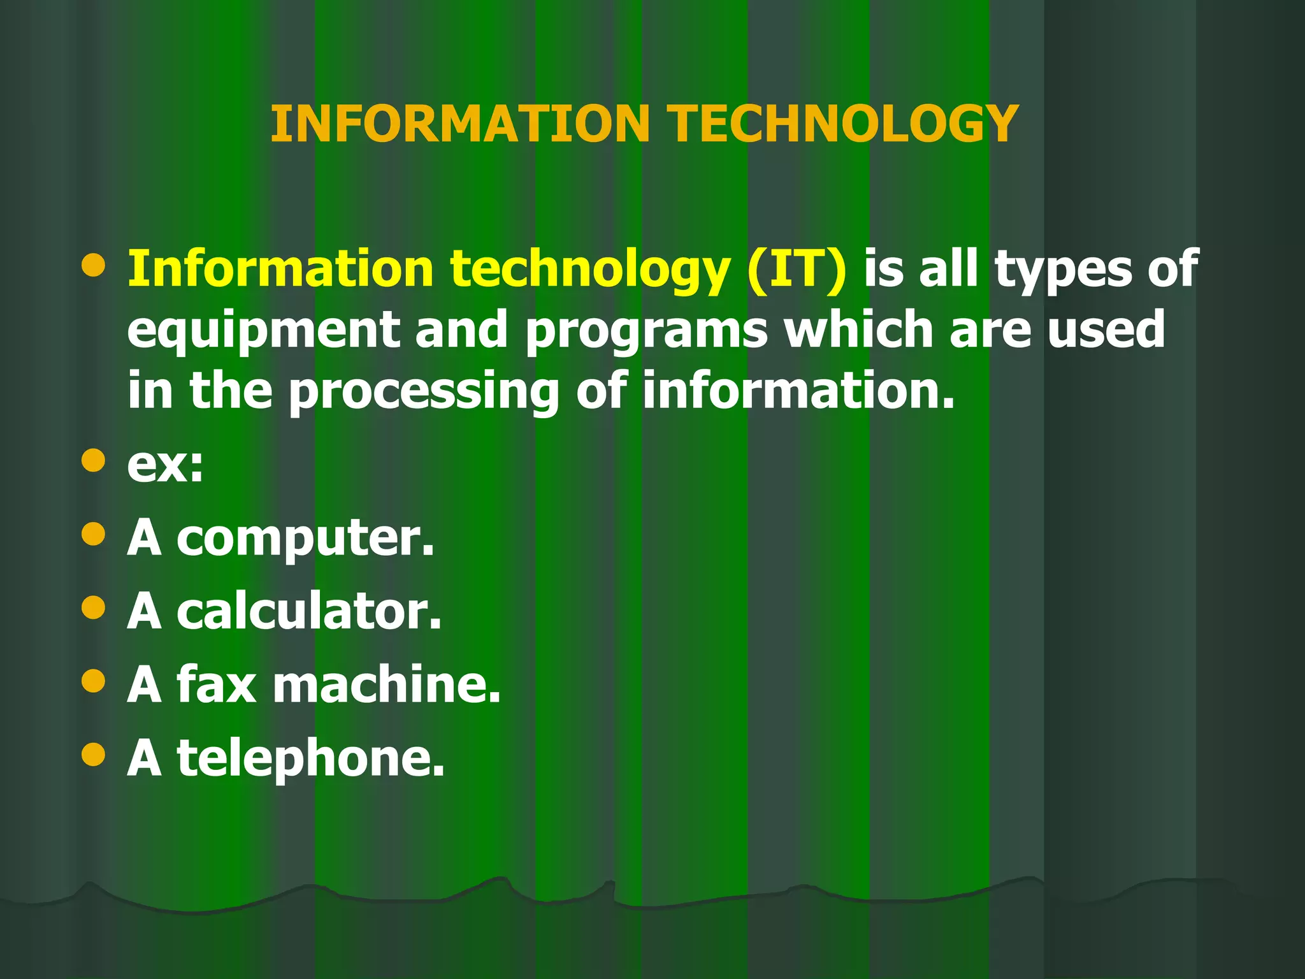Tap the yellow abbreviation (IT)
[797, 269]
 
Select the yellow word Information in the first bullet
[281, 269]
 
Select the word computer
[305, 539]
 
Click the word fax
[217, 684]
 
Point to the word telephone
[310, 758]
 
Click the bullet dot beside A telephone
[94, 755]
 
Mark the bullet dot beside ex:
[94, 460]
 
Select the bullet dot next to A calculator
[94, 607]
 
